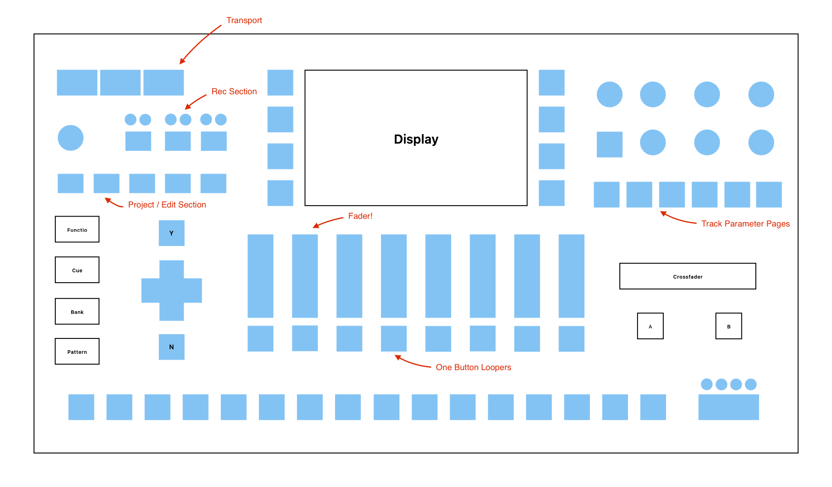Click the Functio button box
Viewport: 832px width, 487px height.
coord(77,229)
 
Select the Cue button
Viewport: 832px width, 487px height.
coord(77,270)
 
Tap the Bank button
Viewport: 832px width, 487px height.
coord(77,311)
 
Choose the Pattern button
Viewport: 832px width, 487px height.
coord(77,351)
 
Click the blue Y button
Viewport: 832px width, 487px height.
coord(171,233)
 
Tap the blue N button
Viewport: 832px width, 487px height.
coord(171,347)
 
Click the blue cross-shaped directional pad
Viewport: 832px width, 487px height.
coord(171,290)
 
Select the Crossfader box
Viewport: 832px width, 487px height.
coord(687,276)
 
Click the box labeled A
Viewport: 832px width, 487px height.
coord(650,326)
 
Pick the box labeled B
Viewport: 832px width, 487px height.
coord(729,326)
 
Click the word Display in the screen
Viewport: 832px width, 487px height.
coord(416,139)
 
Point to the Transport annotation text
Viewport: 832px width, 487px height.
coord(244,20)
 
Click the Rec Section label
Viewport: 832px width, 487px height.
coord(234,92)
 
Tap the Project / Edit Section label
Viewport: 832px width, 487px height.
coord(167,205)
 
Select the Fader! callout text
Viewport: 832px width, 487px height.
coord(360,216)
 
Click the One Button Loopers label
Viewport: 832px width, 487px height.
coord(473,367)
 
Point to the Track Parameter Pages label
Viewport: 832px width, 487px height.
coord(745,224)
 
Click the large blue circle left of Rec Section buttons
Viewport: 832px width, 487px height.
coord(70,138)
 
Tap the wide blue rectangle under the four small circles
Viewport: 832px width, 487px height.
coord(728,407)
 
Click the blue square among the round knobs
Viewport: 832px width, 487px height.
coord(609,145)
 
